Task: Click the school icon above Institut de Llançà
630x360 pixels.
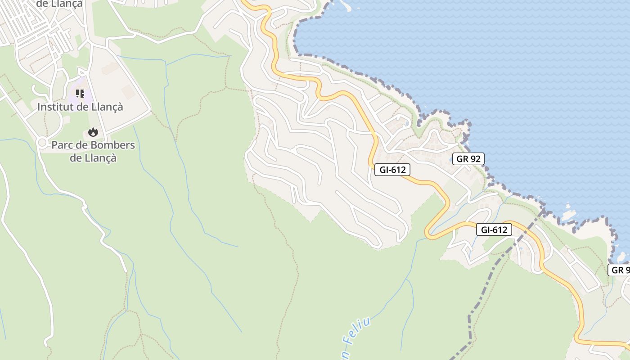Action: pyautogui.click(x=80, y=94)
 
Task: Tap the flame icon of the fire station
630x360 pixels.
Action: pyautogui.click(x=93, y=132)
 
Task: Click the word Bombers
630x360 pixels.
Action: pyautogui.click(x=113, y=145)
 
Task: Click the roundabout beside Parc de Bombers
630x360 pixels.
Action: pyautogui.click(x=42, y=143)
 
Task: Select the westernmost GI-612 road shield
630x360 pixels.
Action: pyautogui.click(x=392, y=170)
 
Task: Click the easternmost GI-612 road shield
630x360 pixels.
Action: pyautogui.click(x=494, y=229)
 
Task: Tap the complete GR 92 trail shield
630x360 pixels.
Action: pyautogui.click(x=468, y=158)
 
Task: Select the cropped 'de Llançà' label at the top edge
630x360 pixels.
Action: pyautogui.click(x=59, y=4)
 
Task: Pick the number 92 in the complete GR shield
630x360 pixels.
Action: pyautogui.click(x=474, y=158)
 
